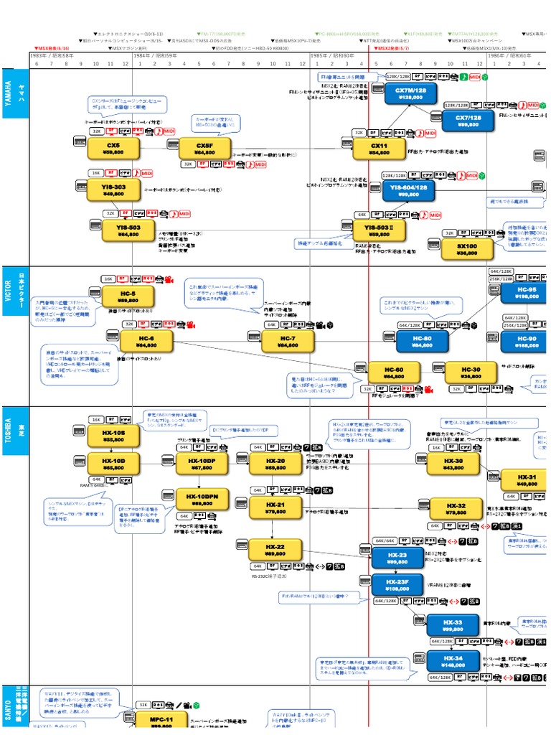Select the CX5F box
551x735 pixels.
[x=204, y=149]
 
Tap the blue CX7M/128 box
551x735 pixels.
[x=410, y=93]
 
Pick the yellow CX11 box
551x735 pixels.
[x=379, y=149]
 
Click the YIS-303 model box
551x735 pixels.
[x=113, y=189]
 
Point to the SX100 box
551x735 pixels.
[x=466, y=248]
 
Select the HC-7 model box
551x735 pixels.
[x=288, y=341]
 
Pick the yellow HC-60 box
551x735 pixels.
[x=394, y=372]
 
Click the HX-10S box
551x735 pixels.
[x=113, y=435]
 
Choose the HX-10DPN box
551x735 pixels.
[x=202, y=500]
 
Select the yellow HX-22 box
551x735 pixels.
[x=275, y=550]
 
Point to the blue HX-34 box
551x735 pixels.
[x=453, y=661]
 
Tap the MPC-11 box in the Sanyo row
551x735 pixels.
[x=161, y=721]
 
